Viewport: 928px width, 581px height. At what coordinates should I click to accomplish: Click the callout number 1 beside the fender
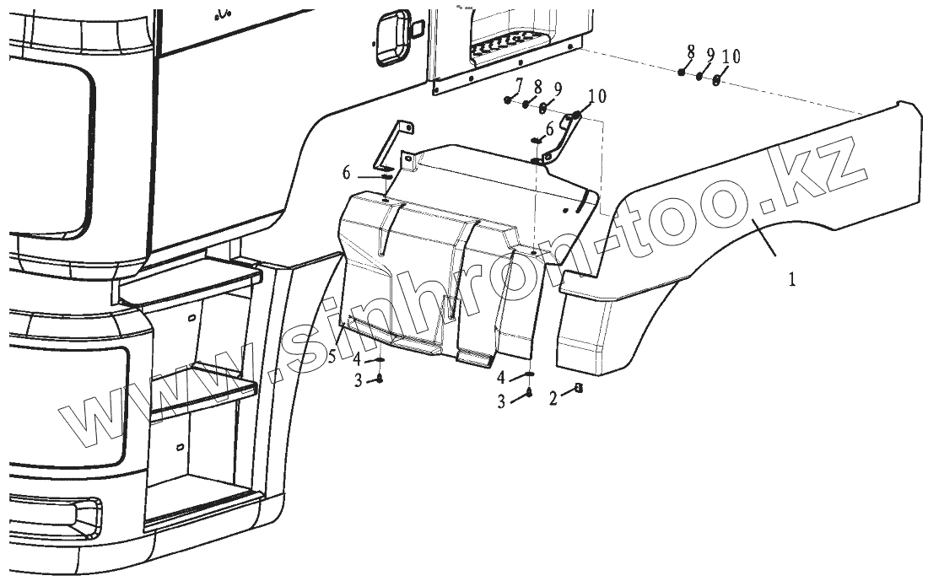792,279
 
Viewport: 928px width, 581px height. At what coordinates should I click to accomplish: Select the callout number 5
332,357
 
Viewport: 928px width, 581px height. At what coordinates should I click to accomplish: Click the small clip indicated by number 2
578,388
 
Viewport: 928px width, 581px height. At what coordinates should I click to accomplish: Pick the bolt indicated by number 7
508,100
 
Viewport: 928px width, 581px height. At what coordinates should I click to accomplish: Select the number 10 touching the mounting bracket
596,96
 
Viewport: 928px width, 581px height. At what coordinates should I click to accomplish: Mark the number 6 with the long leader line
346,173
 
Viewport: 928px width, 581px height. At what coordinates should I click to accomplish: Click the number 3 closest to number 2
501,402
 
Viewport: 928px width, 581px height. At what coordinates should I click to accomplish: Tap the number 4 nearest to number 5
359,360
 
